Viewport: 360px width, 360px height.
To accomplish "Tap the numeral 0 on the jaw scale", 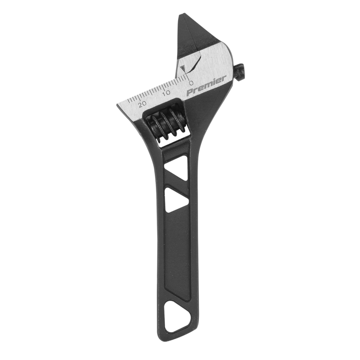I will (x=191, y=83).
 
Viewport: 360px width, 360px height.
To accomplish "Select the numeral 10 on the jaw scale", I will (x=166, y=93).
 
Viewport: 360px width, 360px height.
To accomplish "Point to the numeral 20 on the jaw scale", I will (x=143, y=103).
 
